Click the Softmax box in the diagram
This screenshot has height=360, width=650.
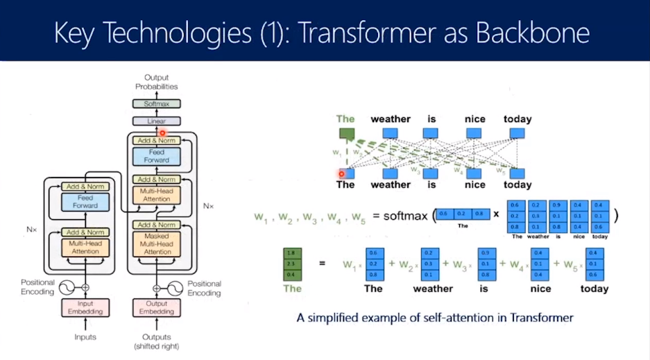point(157,103)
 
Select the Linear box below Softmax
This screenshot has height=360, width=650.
point(157,121)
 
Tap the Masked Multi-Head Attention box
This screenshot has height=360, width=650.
point(157,243)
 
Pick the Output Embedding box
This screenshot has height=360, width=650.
point(157,307)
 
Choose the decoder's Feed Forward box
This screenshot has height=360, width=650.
point(157,156)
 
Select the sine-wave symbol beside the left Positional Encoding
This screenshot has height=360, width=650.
point(68,287)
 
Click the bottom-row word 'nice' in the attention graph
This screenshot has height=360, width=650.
point(474,185)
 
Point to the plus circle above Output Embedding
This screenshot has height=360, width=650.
point(157,287)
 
